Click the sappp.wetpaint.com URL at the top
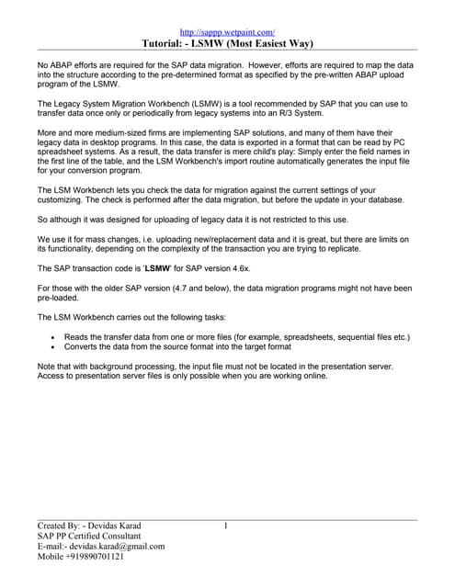coord(227,31)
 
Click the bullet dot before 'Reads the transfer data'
coord(54,338)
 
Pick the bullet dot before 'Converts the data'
coord(54,348)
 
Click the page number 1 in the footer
coord(226,526)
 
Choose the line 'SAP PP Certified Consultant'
coord(89,536)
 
